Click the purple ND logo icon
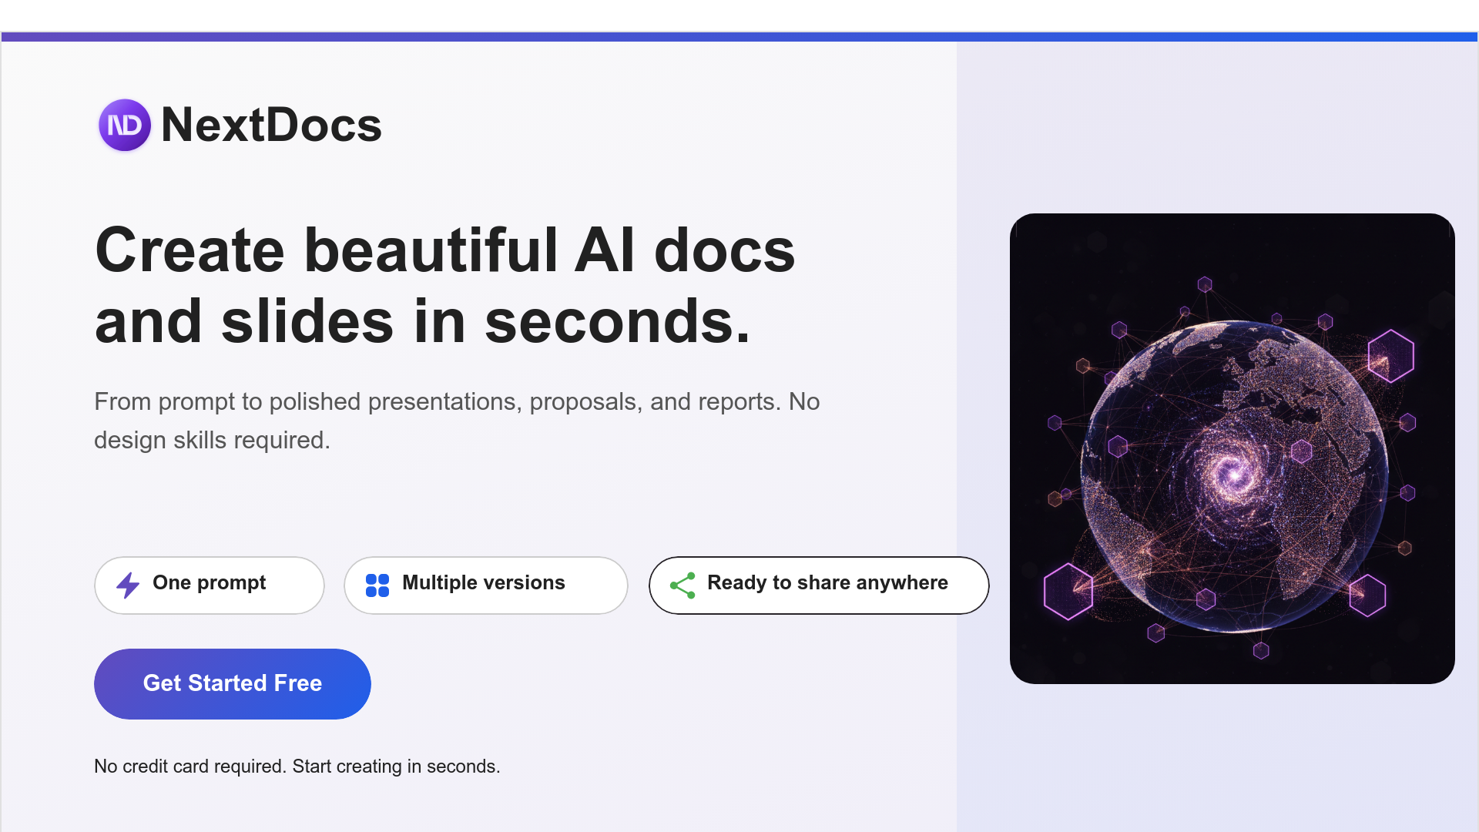point(124,125)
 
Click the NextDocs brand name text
point(271,125)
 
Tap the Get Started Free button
point(232,683)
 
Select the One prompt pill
point(209,585)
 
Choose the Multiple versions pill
point(485,585)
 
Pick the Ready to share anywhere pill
point(818,585)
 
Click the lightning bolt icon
point(128,585)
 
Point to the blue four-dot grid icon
point(377,585)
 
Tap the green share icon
point(682,585)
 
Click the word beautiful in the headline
point(431,250)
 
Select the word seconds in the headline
point(616,321)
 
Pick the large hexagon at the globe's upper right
point(1390,356)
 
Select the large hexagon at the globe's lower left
point(1068,591)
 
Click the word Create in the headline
point(189,250)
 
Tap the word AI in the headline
point(605,250)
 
